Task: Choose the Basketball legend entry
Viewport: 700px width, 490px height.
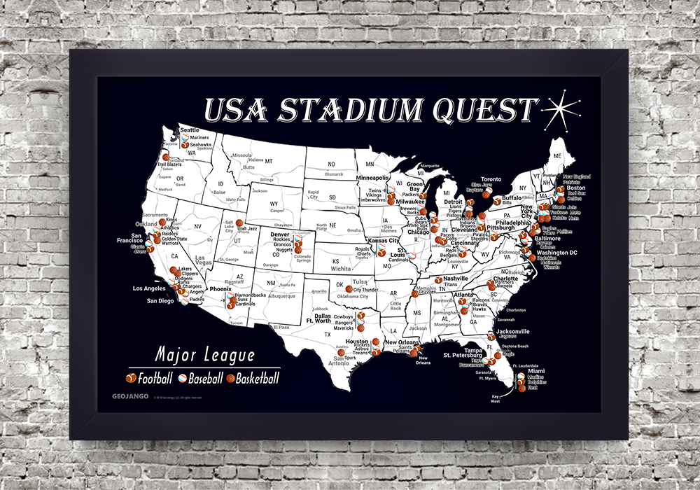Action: [253, 379]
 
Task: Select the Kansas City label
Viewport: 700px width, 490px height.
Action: [383, 241]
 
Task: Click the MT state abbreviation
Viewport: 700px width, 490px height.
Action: [268, 160]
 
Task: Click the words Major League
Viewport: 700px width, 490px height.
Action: [205, 355]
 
